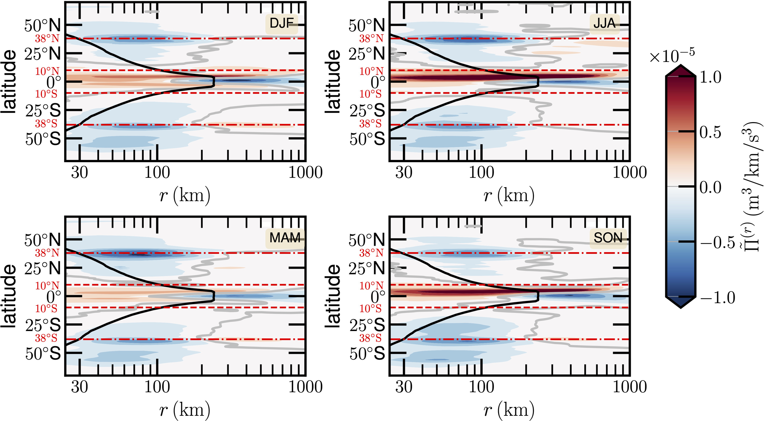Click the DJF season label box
tap(281, 24)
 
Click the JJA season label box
tap(604, 24)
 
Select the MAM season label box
tap(285, 238)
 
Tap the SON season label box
tap(608, 238)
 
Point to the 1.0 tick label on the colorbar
tap(710, 77)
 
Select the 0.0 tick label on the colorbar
tap(710, 187)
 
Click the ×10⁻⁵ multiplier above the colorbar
tap(671, 56)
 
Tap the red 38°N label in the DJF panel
tap(47, 39)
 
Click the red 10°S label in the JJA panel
tap(370, 94)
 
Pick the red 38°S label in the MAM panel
tap(46, 338)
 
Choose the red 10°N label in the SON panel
tap(371, 286)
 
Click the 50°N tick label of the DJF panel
tap(42, 26)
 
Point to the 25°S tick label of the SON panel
tap(367, 325)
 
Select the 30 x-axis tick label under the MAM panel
tap(79, 387)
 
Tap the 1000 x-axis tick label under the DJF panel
tap(305, 172)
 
